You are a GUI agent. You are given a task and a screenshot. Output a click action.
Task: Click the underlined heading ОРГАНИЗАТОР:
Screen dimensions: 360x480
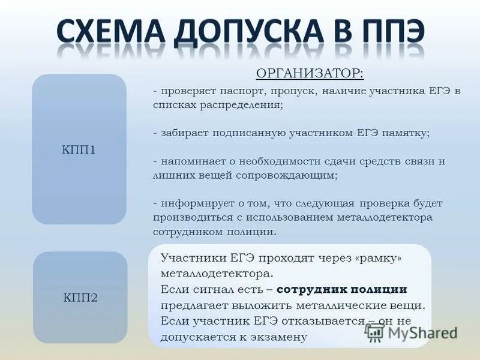pos(310,73)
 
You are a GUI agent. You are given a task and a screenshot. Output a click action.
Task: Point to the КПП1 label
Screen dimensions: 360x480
pos(79,149)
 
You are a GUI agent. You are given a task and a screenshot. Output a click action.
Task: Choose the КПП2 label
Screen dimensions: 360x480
pos(80,297)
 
